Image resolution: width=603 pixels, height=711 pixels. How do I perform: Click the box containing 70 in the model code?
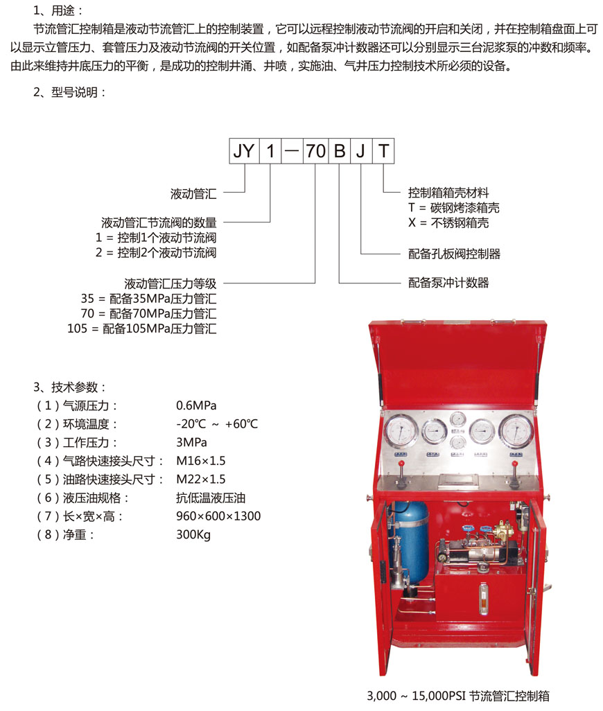point(315,151)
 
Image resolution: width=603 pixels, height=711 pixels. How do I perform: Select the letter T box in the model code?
point(384,151)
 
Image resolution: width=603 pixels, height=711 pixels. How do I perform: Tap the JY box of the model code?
point(244,151)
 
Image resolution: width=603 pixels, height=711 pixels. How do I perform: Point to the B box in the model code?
point(339,151)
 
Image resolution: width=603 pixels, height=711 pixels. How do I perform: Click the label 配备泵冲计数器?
point(448,283)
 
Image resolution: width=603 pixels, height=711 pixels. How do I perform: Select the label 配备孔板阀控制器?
point(454,254)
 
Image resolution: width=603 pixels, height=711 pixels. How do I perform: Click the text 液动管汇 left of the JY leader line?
point(193,194)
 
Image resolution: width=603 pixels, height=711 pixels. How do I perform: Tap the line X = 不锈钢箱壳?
point(448,223)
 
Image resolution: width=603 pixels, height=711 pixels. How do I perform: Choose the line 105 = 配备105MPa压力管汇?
point(142,328)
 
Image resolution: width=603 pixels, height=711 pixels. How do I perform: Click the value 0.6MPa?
point(196,405)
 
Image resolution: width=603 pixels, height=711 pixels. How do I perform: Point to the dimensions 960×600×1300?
point(218,516)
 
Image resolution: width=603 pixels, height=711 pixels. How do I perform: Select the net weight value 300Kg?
point(193,535)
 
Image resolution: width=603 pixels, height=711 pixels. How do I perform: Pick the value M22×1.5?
point(201,480)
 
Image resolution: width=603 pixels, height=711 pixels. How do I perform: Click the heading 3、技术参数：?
point(70,387)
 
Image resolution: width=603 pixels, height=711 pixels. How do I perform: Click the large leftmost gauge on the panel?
point(399,430)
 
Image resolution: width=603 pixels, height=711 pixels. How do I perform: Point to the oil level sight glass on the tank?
point(482,594)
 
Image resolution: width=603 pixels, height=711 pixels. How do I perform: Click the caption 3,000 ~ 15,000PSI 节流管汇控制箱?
point(457,696)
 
